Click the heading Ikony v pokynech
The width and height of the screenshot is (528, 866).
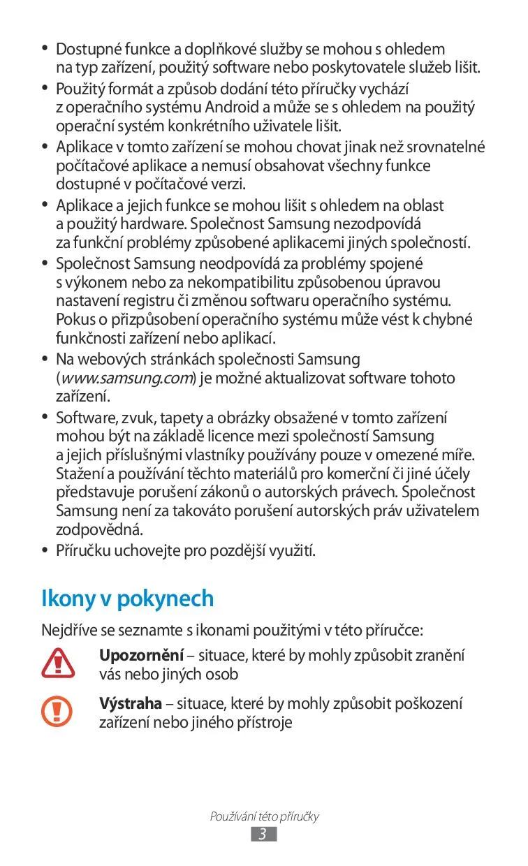coord(128,599)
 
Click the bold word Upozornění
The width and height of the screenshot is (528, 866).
coord(141,656)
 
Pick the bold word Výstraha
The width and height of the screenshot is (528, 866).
coord(131,703)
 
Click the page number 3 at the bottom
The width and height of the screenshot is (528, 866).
coord(263,834)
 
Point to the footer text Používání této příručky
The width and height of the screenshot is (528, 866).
coord(264,816)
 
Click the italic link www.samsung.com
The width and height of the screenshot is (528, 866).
coord(126,379)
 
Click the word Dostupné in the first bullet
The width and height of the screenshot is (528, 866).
coord(84,49)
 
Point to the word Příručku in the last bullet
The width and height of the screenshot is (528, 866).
coord(82,551)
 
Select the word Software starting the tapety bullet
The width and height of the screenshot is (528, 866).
coord(83,418)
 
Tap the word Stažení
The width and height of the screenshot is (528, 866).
coord(79,474)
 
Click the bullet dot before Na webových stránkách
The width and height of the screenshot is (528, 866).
coord(45,360)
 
